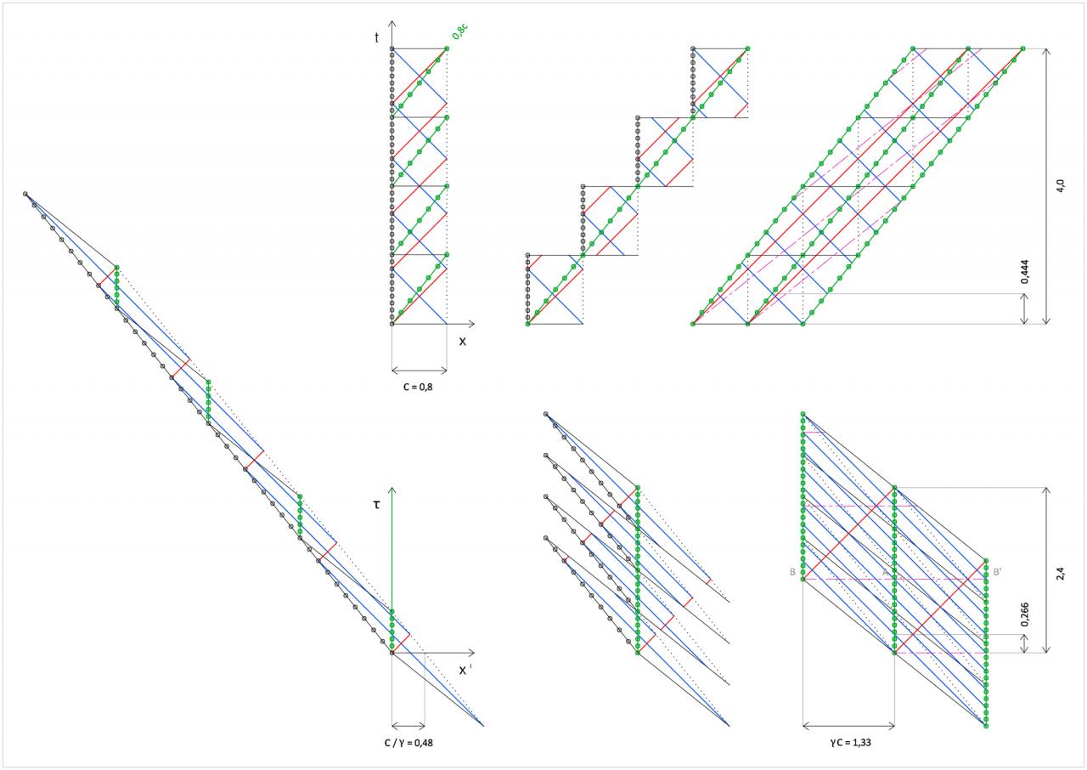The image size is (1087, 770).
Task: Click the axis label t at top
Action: (376, 38)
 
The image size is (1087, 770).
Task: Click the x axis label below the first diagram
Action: (463, 342)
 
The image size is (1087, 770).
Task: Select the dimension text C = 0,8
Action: (420, 385)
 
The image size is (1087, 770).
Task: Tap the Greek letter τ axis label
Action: (376, 505)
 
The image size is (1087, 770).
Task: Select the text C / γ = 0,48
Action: (409, 742)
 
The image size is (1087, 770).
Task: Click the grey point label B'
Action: (997, 573)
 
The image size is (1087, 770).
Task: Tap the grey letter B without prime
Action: (792, 573)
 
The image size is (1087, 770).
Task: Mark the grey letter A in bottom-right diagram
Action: (885, 573)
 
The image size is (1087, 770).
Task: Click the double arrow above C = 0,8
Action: (420, 371)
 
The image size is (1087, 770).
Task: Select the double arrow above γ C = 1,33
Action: (848, 727)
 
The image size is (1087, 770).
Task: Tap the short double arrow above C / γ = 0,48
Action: (408, 726)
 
